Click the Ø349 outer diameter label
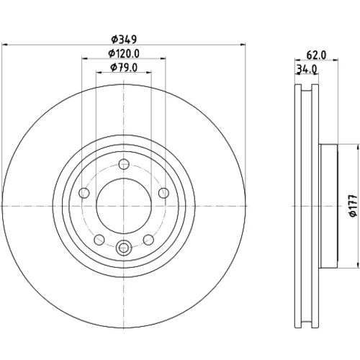124,40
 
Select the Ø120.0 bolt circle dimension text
124,53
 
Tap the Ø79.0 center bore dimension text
124,68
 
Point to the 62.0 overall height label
316,55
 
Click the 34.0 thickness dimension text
307,69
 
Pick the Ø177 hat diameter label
354,206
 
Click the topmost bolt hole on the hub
124,164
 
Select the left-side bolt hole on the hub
84,193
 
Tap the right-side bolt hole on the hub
163,193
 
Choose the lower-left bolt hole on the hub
99,240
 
